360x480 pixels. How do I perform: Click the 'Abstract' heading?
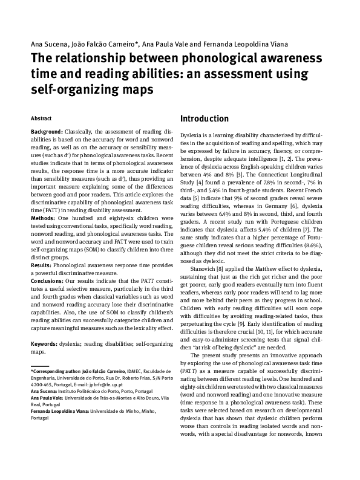[x=41, y=118]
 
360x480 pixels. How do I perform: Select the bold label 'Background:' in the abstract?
[x=47, y=132]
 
